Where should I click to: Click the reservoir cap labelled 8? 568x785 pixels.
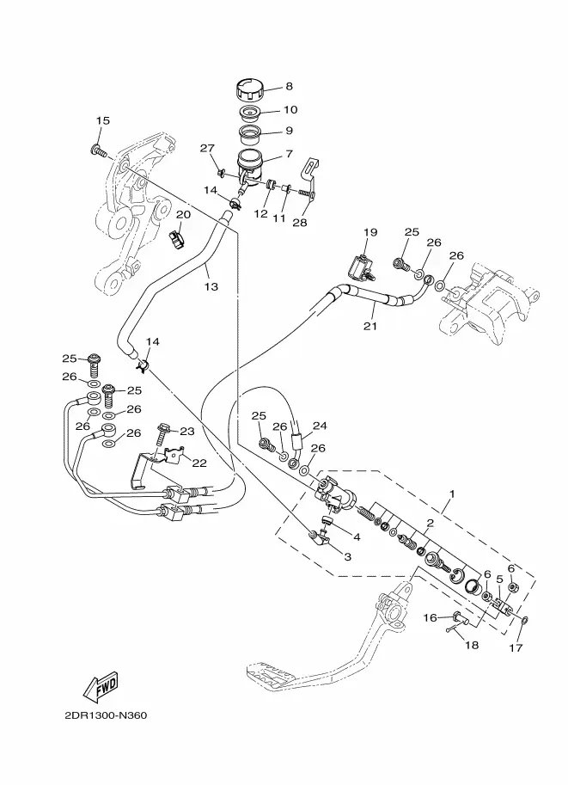click(248, 89)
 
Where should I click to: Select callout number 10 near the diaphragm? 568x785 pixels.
click(290, 110)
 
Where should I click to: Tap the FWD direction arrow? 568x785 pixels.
click(101, 685)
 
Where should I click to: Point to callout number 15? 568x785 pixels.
click(103, 121)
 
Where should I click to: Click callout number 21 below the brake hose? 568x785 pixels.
click(370, 326)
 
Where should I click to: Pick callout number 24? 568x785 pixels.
click(320, 425)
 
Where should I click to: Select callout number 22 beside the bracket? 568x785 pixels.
click(199, 463)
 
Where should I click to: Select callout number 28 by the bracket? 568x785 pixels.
click(299, 224)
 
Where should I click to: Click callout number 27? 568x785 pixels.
click(207, 149)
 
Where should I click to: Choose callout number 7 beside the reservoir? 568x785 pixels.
click(290, 154)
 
